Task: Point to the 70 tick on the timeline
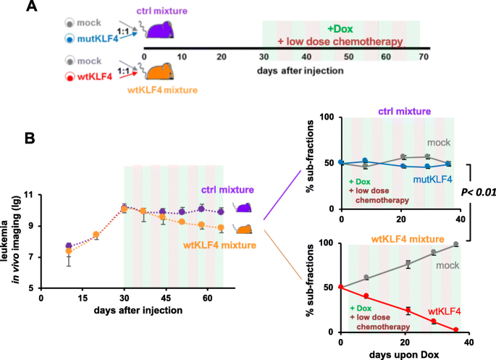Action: [x=422, y=56]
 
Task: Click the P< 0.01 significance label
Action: [x=474, y=193]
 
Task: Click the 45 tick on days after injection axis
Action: [x=165, y=298]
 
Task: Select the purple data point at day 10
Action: [x=69, y=246]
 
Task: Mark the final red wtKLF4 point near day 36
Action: [x=456, y=330]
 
